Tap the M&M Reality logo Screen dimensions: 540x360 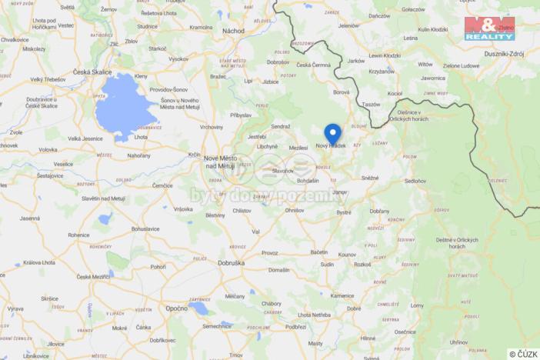click(x=489, y=28)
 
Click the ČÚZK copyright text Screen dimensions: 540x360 click(x=523, y=354)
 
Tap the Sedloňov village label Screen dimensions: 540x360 click(x=415, y=182)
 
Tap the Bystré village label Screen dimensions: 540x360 click(x=344, y=212)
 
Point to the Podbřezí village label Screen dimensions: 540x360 click(x=295, y=326)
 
